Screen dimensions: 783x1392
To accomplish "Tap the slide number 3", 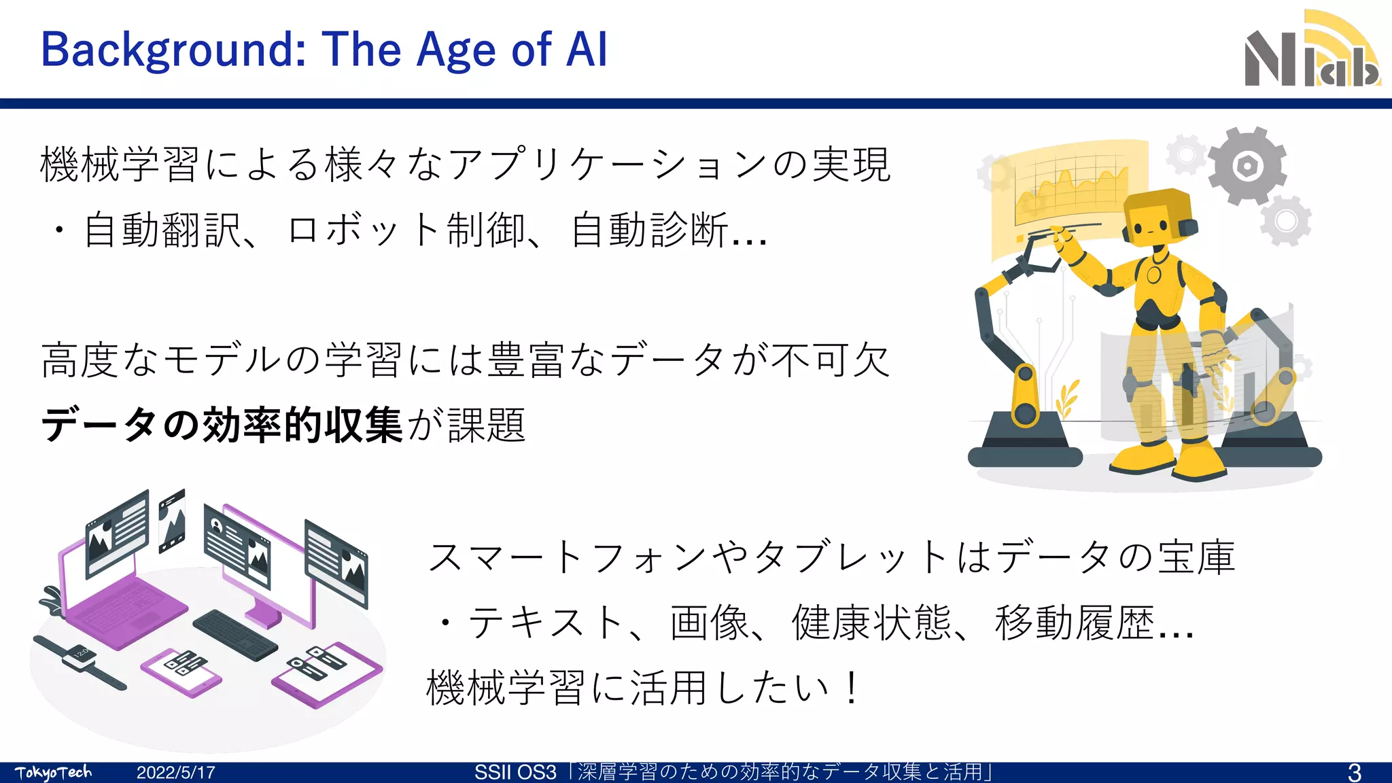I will tap(1354, 772).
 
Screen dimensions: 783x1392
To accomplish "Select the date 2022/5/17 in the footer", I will tap(176, 773).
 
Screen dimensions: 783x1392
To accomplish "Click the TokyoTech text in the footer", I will tap(53, 773).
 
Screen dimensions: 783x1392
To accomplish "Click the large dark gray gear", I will tap(1247, 165).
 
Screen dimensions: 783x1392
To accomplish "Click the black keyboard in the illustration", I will tap(234, 634).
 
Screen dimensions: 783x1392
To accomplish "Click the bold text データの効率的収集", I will tap(222, 425).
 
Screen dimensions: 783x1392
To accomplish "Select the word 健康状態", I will tap(871, 623).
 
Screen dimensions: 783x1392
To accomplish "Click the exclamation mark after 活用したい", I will tap(851, 688).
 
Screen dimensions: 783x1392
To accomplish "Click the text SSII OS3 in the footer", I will tap(515, 773).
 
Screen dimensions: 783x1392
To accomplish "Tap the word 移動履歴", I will tap(1074, 623).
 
